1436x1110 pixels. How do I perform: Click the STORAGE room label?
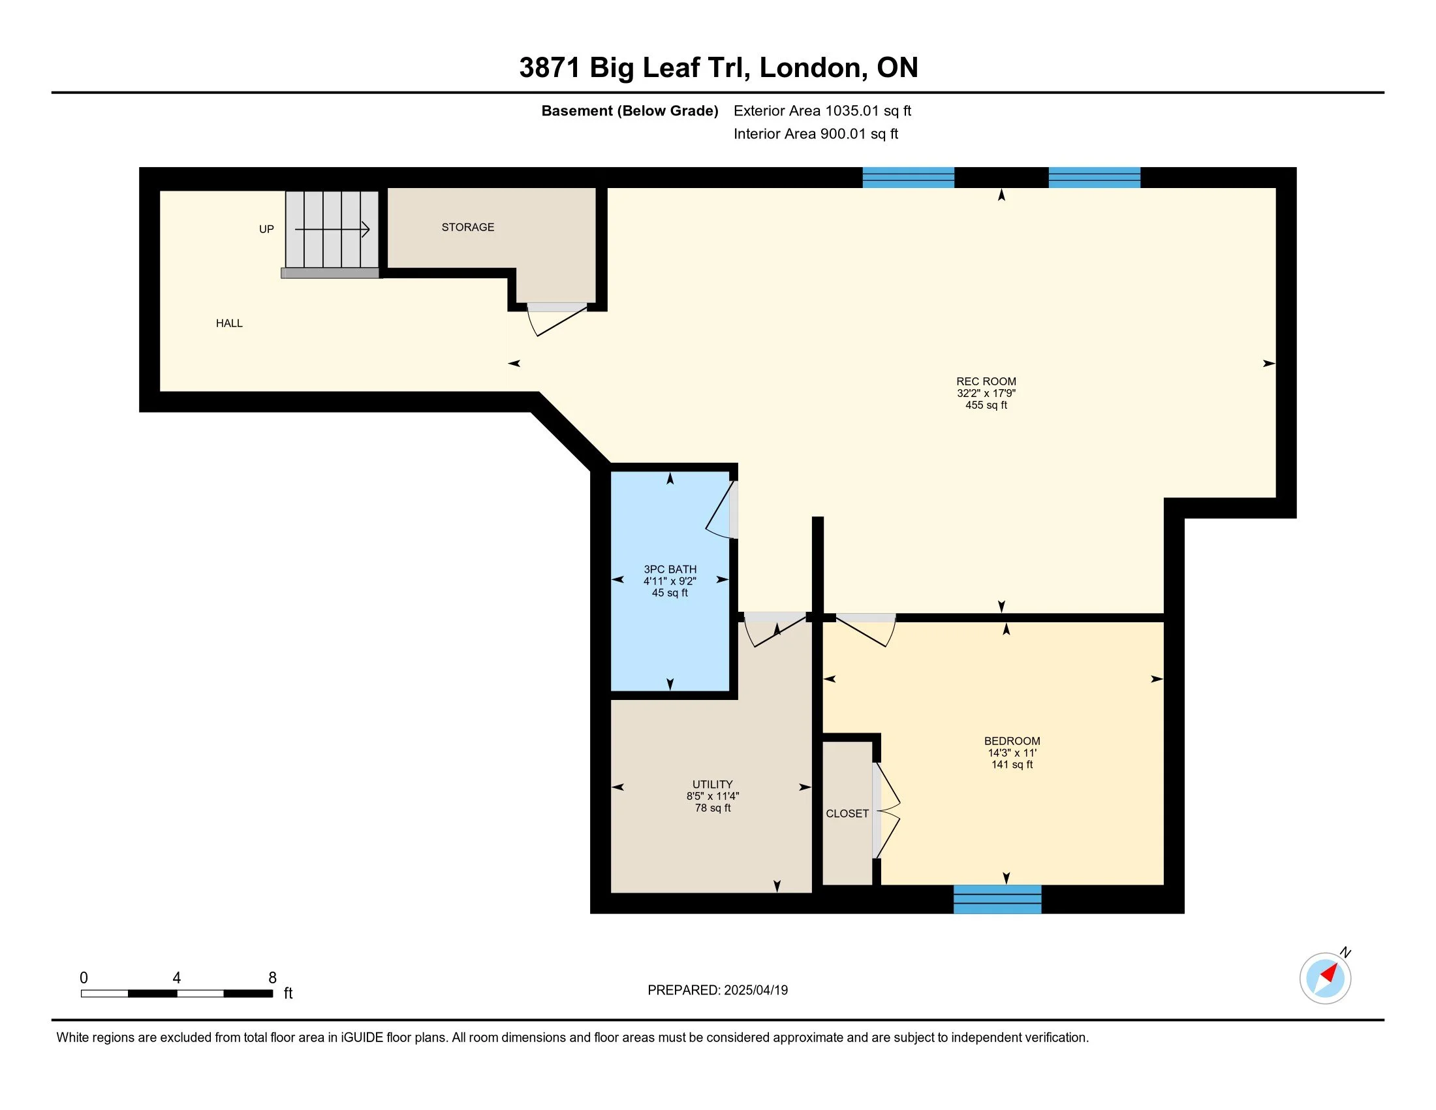coord(467,227)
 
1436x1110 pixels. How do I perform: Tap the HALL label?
coord(229,323)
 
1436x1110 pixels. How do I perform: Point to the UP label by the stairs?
coord(266,229)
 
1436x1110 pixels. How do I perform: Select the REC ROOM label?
coord(986,381)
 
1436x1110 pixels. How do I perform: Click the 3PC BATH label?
coord(670,569)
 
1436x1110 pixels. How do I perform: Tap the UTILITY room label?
coord(712,784)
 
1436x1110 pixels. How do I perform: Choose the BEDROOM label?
coord(1012,741)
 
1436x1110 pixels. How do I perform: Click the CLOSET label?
coord(847,814)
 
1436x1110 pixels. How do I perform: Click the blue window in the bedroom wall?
coord(997,899)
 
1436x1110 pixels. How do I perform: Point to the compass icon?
coord(1326,978)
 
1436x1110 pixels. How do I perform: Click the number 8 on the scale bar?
coord(272,978)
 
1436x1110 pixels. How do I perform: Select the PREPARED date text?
coord(717,991)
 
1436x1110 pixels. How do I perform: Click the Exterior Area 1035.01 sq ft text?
coord(822,110)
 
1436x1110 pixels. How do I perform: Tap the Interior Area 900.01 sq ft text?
coord(816,133)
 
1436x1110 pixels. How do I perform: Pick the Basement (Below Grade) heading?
coord(629,111)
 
